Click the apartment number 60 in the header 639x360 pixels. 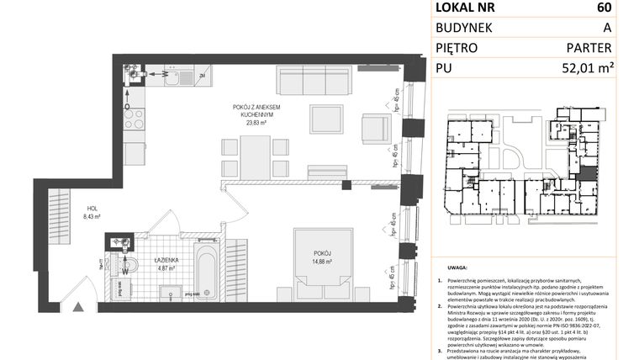click(x=605, y=8)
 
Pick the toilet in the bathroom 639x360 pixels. click(x=123, y=268)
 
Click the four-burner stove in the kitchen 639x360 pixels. click(x=135, y=119)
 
